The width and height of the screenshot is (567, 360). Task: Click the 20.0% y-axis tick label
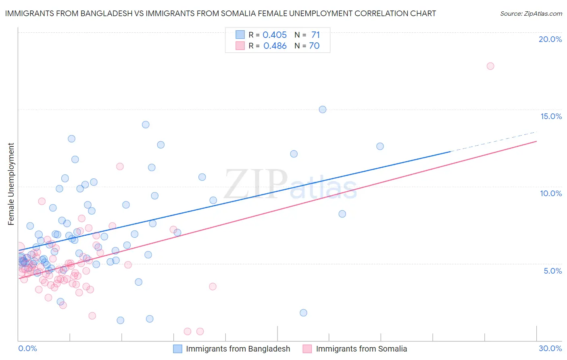pyautogui.click(x=550, y=39)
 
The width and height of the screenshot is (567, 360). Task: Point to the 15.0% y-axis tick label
pyautogui.click(x=551, y=116)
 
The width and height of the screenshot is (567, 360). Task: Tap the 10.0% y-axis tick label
pyautogui.click(x=551, y=193)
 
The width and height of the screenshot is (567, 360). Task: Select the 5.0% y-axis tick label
pyautogui.click(x=552, y=271)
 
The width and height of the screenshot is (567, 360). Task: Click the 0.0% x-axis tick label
pyautogui.click(x=27, y=348)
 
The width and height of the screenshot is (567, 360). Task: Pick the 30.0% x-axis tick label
pyautogui.click(x=550, y=348)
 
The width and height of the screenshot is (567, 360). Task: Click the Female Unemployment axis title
pyautogui.click(x=11, y=184)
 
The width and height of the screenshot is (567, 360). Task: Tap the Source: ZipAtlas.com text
pyautogui.click(x=531, y=14)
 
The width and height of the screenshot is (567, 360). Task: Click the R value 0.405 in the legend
pyautogui.click(x=275, y=35)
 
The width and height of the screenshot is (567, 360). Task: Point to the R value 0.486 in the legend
pyautogui.click(x=275, y=46)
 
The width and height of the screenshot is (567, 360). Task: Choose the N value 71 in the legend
pyautogui.click(x=315, y=35)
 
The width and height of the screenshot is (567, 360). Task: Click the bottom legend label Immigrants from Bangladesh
pyautogui.click(x=238, y=349)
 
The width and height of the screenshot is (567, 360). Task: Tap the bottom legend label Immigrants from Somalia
pyautogui.click(x=361, y=349)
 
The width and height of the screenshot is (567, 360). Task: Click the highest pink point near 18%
pyautogui.click(x=490, y=66)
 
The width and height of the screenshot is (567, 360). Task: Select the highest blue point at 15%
pyautogui.click(x=323, y=109)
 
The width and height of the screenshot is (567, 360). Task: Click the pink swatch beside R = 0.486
pyautogui.click(x=240, y=46)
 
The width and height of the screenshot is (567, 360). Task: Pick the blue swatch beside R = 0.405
pyautogui.click(x=240, y=35)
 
